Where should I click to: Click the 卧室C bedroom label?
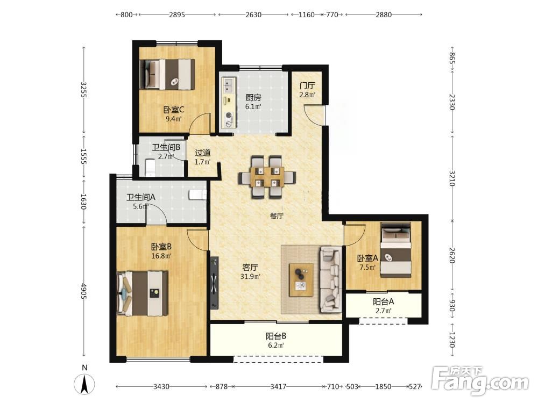click(x=174, y=110)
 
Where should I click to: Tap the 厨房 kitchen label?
click(x=253, y=98)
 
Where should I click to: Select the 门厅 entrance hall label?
click(x=307, y=85)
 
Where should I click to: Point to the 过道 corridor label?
click(x=203, y=153)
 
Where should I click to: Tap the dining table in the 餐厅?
click(x=267, y=177)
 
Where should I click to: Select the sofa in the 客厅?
click(x=330, y=279)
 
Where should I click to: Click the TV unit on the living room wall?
click(x=215, y=283)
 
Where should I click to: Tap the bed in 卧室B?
click(x=143, y=293)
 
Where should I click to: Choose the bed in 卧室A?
click(x=395, y=250)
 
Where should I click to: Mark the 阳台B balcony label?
click(x=276, y=336)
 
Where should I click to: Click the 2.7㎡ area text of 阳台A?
click(x=383, y=311)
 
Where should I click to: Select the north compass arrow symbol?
click(x=84, y=384)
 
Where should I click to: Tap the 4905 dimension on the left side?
click(x=83, y=291)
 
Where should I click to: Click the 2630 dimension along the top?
click(x=253, y=15)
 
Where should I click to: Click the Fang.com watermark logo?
click(x=480, y=381)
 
